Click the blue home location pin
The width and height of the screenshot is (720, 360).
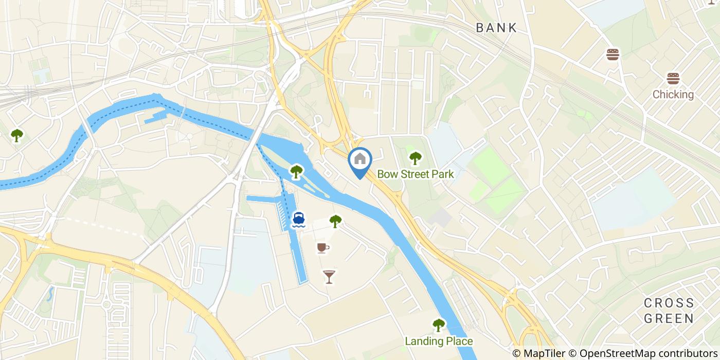(360, 160)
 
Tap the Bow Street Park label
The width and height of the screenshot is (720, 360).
(416, 174)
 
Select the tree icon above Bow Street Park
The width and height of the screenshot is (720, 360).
(415, 158)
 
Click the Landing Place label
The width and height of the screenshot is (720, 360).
(439, 341)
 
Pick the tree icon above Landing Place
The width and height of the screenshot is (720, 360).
(439, 325)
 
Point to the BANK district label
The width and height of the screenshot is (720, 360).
(496, 28)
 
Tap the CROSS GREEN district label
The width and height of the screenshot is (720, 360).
(669, 310)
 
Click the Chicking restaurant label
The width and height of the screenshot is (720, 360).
(673, 95)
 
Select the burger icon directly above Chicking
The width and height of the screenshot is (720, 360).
(673, 79)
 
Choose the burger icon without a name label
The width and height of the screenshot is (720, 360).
(613, 55)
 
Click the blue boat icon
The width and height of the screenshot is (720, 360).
(298, 220)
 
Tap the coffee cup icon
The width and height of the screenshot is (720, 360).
(322, 248)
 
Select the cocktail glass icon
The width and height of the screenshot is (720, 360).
(329, 277)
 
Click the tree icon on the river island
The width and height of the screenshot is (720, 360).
(296, 171)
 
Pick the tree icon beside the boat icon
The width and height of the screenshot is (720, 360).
(335, 221)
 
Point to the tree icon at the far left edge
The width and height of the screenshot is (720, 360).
(17, 135)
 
